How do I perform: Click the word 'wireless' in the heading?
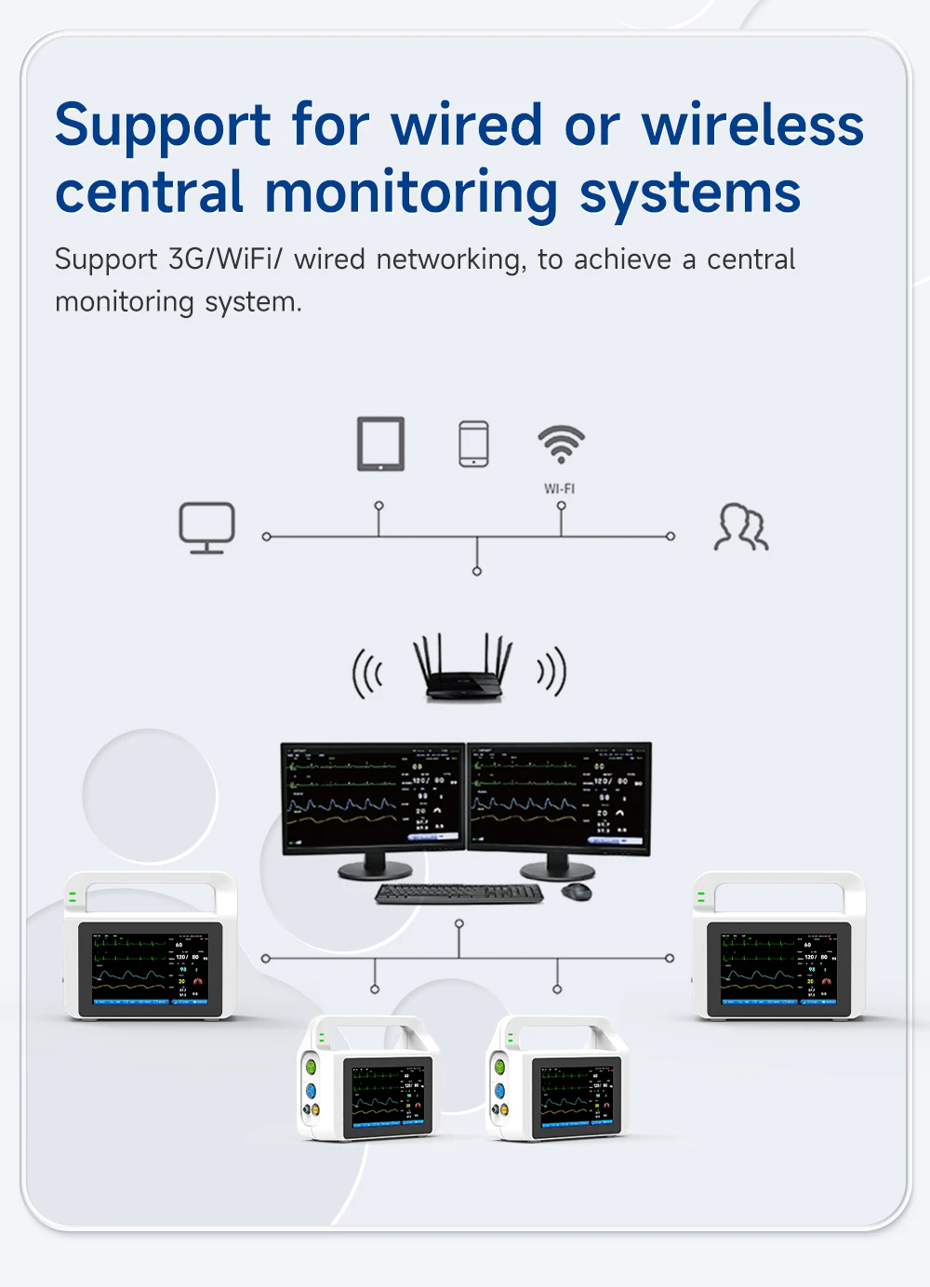pos(752,126)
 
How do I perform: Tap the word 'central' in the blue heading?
pos(149,192)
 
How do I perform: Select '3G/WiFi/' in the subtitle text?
pos(224,259)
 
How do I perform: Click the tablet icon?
pos(381,444)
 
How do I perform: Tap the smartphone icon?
pos(473,444)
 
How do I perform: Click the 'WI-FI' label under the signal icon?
pos(560,488)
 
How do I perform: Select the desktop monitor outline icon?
pos(206,527)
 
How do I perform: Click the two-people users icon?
pos(740,527)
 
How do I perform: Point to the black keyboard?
pos(458,894)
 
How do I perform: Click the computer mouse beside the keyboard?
pos(577,892)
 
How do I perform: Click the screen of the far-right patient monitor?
pos(778,969)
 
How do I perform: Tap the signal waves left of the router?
pos(366,672)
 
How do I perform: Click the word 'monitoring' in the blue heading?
pos(410,192)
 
